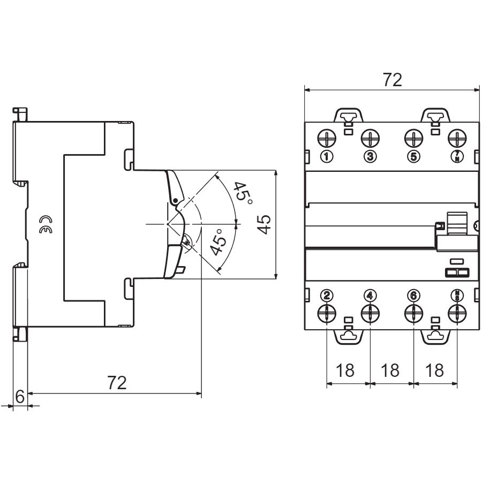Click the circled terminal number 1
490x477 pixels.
[327, 156]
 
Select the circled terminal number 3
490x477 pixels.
[370, 156]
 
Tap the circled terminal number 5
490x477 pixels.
[413, 156]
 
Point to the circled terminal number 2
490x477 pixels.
[327, 294]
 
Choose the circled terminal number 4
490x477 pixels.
[370, 294]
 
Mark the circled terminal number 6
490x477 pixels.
[413, 294]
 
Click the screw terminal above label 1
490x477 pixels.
[327, 138]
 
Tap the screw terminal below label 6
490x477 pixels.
[413, 312]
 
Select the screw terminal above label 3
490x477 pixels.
[370, 138]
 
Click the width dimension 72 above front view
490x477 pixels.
[392, 80]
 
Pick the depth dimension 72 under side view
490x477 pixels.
[117, 383]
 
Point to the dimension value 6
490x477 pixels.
[19, 397]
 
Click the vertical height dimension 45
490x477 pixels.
[263, 224]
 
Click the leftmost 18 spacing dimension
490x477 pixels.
[348, 370]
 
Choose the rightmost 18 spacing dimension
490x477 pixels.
[435, 370]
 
